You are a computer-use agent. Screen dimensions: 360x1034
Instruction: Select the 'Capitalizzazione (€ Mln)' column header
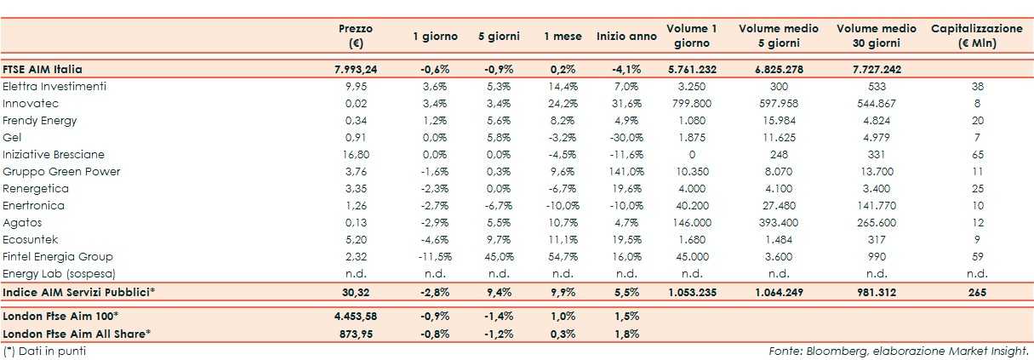[976, 36]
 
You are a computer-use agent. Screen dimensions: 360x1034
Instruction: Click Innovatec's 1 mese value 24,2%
[563, 103]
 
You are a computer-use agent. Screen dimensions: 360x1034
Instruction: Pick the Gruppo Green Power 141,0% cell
[626, 171]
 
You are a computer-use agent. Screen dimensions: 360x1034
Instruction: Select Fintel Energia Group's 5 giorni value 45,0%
[498, 256]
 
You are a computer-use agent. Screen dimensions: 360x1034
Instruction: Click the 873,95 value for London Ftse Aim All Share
[355, 333]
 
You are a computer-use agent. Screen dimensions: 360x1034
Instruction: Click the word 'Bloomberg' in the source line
[825, 350]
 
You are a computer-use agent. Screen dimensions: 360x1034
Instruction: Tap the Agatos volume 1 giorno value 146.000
[691, 222]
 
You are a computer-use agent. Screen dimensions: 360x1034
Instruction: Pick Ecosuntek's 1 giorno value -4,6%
[435, 239]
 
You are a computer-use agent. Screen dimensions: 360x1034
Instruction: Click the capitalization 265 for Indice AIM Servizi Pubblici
[976, 292]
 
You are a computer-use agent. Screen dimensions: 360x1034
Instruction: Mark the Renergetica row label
[36, 188]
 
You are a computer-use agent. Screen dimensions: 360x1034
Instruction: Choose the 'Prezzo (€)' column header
[355, 36]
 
